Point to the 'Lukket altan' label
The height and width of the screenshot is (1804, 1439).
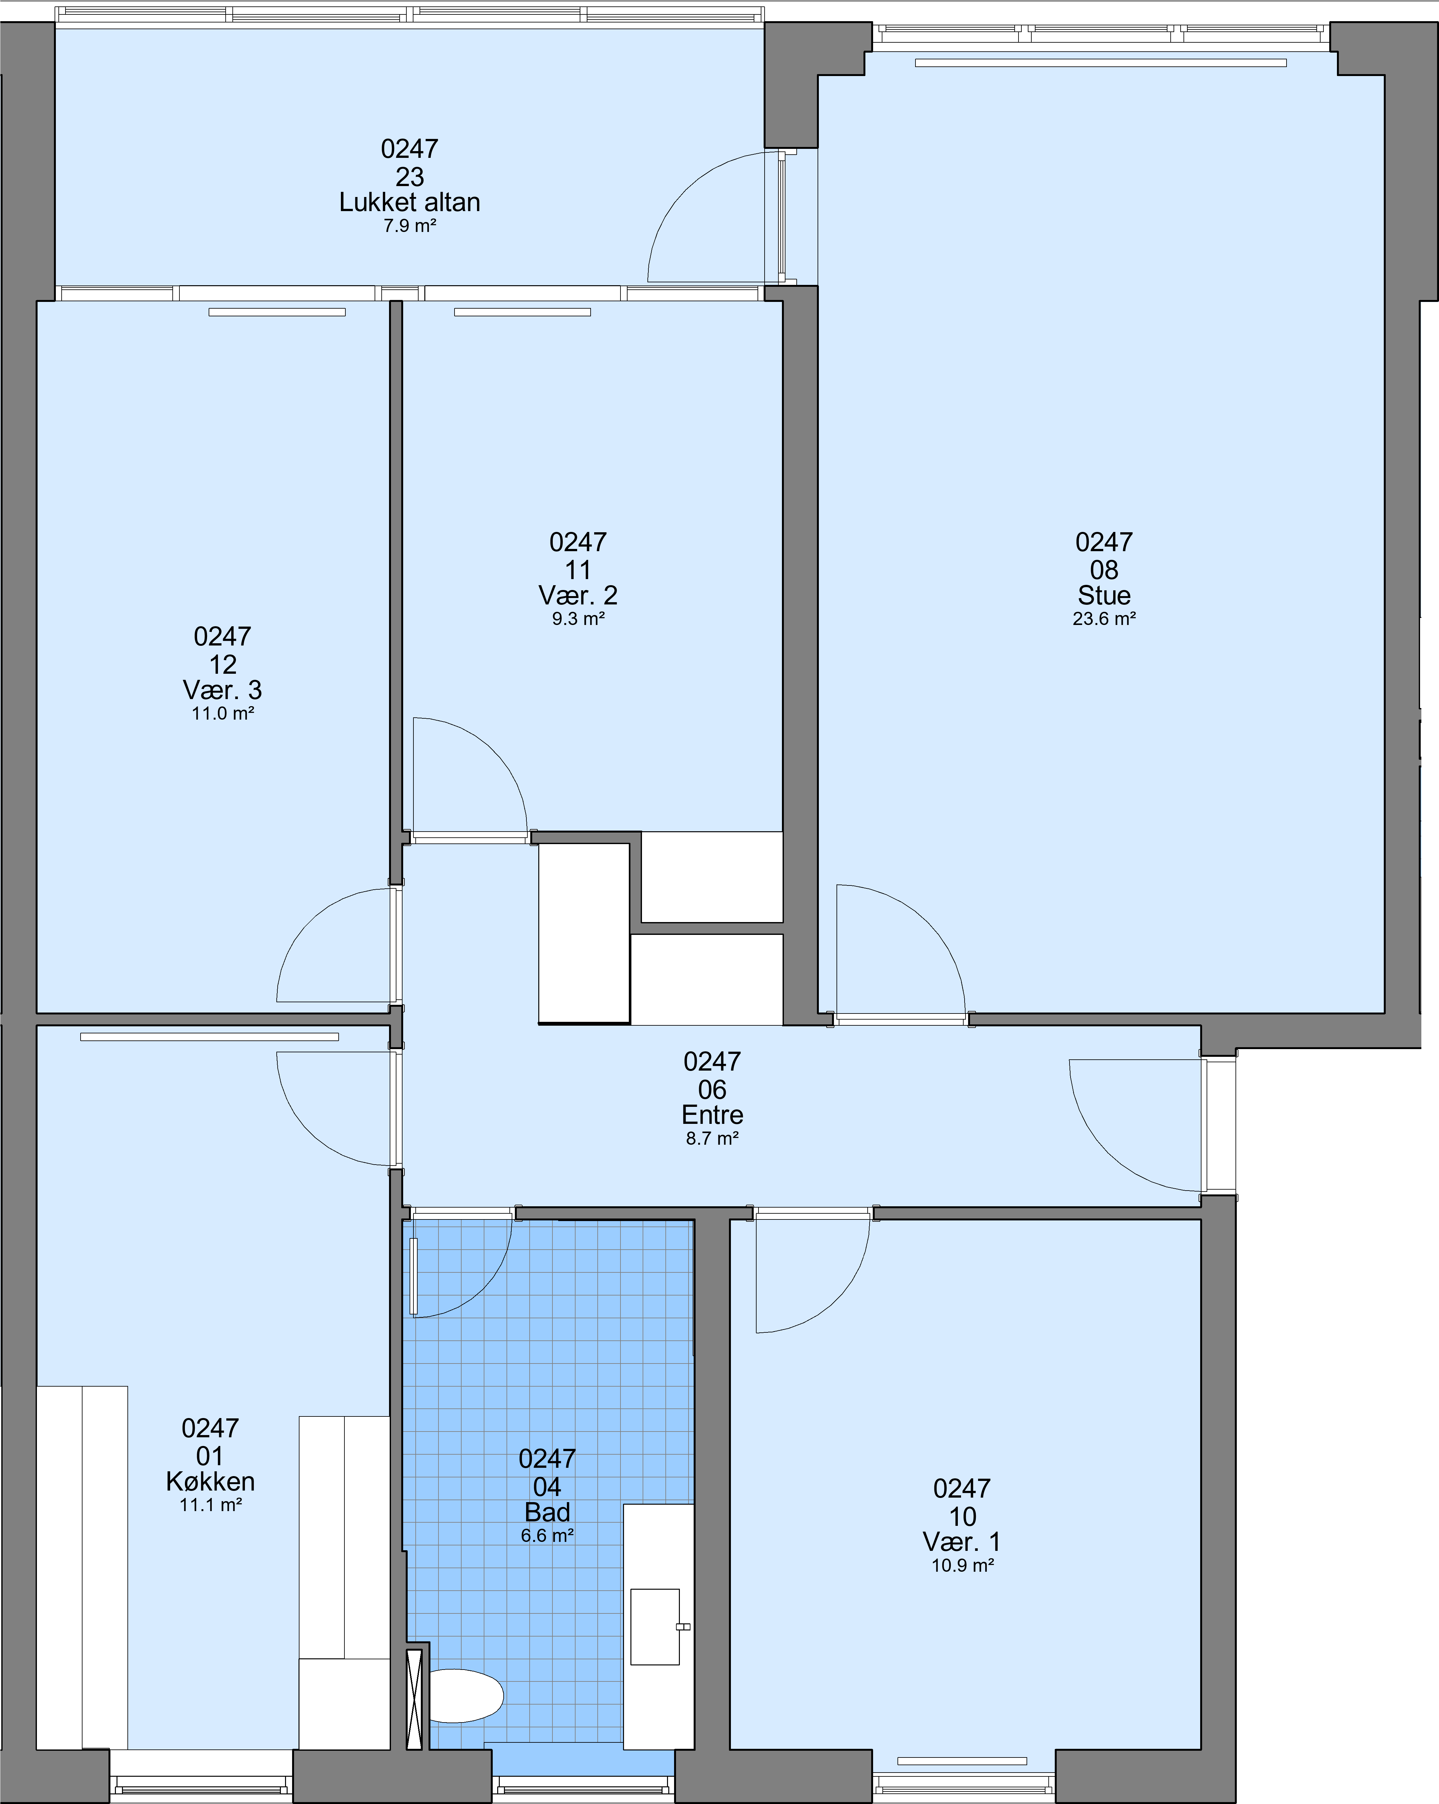tap(409, 202)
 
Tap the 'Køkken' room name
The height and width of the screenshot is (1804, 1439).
tap(210, 1481)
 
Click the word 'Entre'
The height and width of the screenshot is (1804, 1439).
tap(712, 1115)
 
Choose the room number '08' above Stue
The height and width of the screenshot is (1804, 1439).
tap(1104, 570)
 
